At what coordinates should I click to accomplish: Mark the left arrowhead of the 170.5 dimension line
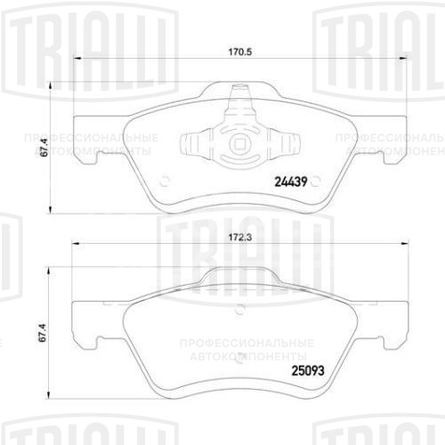tap(73, 60)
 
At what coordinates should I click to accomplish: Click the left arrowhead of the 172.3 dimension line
tap(73, 249)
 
